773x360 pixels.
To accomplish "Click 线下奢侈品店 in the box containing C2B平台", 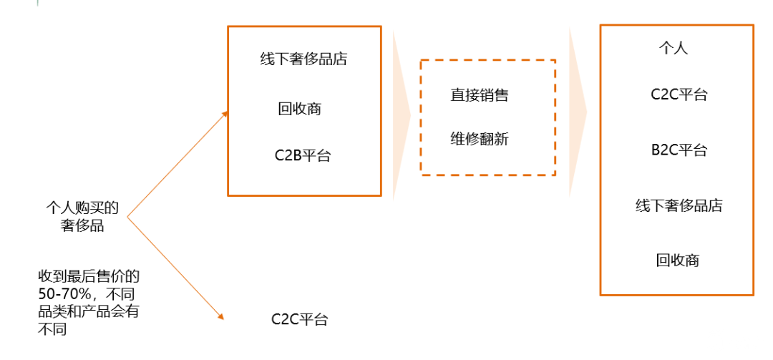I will click(303, 59).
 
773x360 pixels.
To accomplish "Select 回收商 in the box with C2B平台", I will click(299, 109).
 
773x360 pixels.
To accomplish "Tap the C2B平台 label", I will click(303, 156).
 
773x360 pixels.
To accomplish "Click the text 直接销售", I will click(480, 95).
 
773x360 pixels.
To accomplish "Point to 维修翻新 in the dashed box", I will click(480, 139).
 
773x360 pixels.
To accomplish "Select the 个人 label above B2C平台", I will click(673, 49).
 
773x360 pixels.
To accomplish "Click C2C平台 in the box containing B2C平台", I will click(679, 94).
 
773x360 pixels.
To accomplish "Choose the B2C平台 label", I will click(679, 150).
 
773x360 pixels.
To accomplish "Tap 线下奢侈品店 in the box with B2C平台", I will click(679, 206).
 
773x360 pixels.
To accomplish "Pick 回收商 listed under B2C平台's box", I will click(677, 261).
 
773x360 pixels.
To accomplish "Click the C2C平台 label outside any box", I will click(299, 320).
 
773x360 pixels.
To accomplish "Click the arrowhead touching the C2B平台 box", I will click(225, 113).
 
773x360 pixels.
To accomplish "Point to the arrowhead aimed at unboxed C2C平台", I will click(221, 316).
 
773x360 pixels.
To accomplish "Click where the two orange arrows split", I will click(127, 215).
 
